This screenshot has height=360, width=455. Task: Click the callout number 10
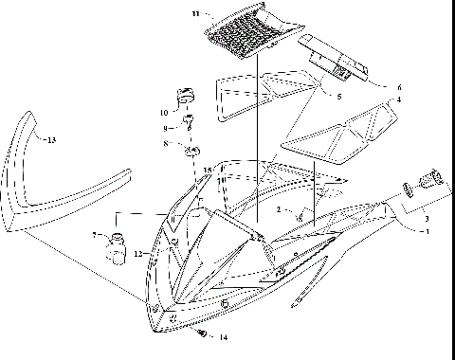[164, 112]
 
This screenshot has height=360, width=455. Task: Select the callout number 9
[165, 128]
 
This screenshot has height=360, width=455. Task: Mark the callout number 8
[166, 144]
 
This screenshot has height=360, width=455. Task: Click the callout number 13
[50, 140]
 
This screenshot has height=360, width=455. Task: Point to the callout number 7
[94, 234]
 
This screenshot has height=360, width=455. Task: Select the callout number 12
[137, 253]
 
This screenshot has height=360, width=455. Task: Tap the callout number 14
[224, 337]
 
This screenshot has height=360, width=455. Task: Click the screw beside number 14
[203, 333]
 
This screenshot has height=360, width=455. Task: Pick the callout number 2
[278, 209]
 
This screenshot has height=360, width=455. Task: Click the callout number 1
[426, 231]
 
